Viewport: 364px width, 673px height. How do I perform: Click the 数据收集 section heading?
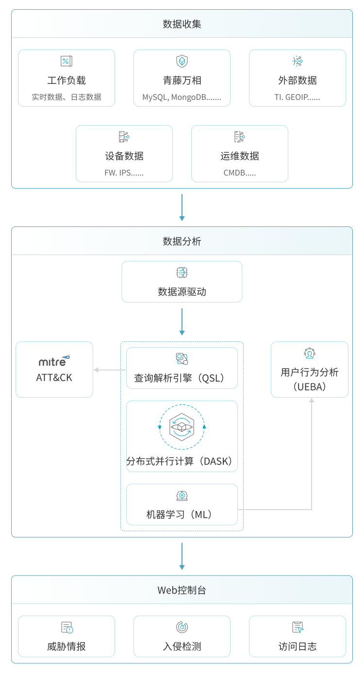[182, 24]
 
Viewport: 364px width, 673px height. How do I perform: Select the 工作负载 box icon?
[66, 61]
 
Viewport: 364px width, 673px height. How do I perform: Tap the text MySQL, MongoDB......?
[182, 97]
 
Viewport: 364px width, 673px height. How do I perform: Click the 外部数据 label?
[298, 80]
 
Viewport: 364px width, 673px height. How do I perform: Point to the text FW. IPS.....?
[124, 173]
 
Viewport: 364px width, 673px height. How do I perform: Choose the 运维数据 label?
[240, 156]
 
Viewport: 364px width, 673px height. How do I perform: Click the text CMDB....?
[240, 173]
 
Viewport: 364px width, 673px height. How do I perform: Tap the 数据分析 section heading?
[182, 241]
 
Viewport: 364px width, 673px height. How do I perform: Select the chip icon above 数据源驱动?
[182, 272]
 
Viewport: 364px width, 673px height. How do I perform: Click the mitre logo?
[54, 361]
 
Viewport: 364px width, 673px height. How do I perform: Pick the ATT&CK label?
[54, 377]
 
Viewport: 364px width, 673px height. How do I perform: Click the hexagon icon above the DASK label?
[182, 427]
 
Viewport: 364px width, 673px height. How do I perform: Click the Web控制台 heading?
[182, 590]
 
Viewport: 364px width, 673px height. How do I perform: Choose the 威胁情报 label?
[66, 646]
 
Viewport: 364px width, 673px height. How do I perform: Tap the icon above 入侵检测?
[182, 627]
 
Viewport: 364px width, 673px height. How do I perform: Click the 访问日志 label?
[298, 646]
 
